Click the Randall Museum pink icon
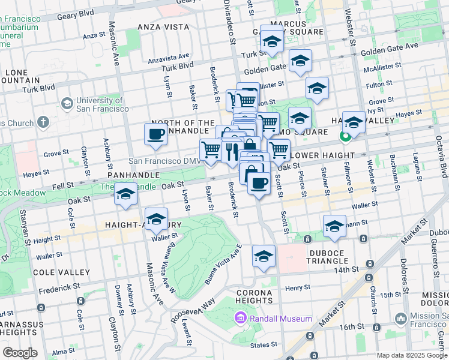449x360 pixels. [240, 317]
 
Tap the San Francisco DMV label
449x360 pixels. [162, 161]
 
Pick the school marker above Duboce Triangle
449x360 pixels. [334, 227]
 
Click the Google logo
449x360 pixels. [20, 353]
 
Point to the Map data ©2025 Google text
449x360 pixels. [403, 355]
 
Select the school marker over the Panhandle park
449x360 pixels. [125, 194]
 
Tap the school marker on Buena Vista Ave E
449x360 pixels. [264, 256]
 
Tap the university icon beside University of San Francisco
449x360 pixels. [67, 104]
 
